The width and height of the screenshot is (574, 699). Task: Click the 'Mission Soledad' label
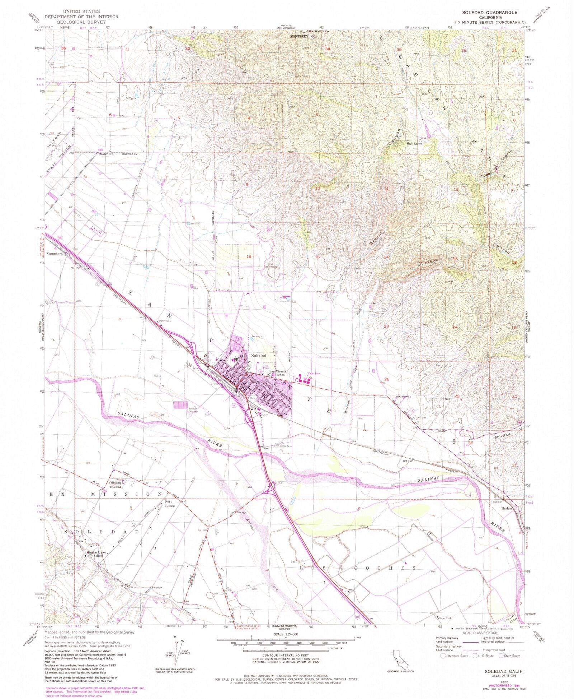click(117, 485)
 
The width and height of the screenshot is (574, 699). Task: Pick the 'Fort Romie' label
click(170, 504)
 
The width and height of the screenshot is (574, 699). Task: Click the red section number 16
click(249, 256)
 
